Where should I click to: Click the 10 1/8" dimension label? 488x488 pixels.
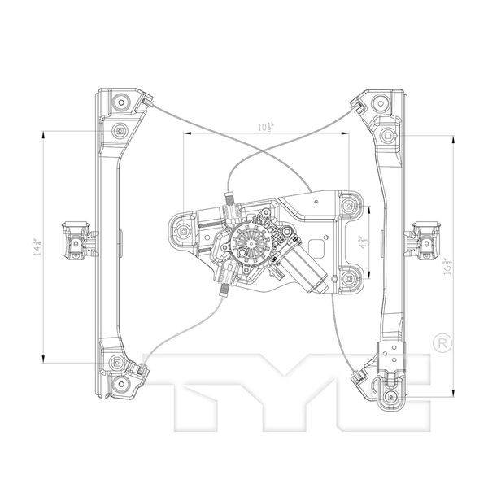point(264,127)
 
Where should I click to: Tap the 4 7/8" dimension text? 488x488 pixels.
point(359,243)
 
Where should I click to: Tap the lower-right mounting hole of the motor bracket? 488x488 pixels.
point(349,277)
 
